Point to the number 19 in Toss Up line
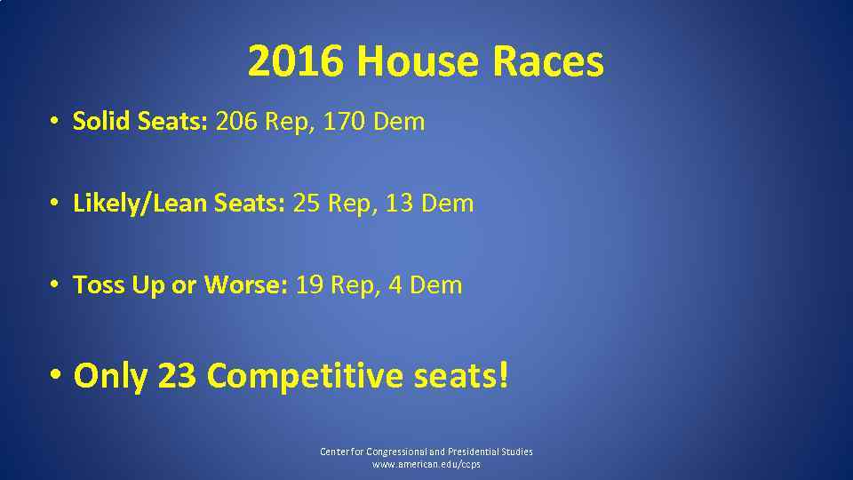click(309, 285)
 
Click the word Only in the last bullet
click(110, 376)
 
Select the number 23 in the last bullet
click(177, 376)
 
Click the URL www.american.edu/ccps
click(426, 465)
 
